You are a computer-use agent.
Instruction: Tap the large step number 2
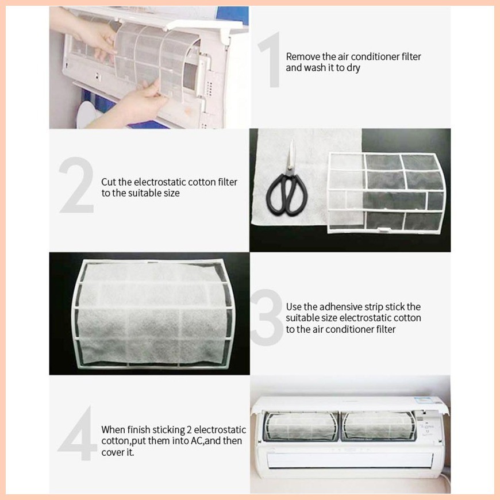pos(76,184)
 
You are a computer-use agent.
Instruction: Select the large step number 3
pos(267,318)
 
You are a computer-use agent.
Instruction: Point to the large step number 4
pos(78,433)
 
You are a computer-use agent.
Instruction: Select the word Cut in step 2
pos(109,182)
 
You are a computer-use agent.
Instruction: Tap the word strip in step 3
pos(374,307)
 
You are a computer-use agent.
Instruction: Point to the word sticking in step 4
pos(167,430)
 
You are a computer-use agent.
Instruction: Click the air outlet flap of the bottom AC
pos(350,461)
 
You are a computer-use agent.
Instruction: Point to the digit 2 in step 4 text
pos(190,430)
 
